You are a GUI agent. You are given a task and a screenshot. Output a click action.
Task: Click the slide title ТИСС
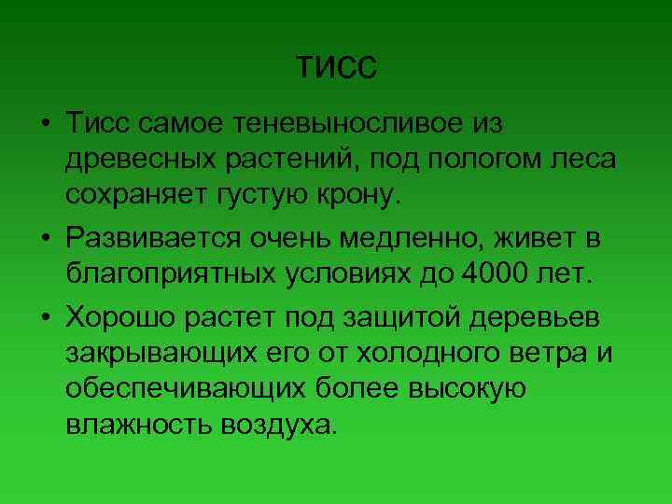(336, 68)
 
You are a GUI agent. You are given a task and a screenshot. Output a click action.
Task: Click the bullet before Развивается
(44, 238)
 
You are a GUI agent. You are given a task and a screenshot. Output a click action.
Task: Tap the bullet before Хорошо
(44, 316)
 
